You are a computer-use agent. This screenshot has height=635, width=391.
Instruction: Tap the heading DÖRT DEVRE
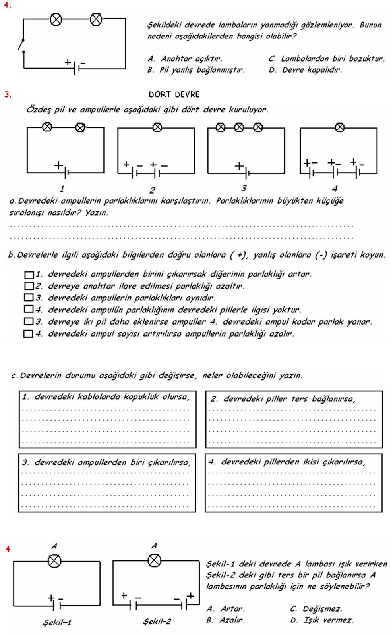174,94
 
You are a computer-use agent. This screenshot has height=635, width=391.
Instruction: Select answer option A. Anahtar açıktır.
185,59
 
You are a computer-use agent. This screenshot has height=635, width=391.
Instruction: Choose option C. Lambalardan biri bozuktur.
326,59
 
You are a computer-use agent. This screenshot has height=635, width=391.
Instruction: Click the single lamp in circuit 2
157,127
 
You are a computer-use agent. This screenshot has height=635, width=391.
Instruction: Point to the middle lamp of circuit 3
239,127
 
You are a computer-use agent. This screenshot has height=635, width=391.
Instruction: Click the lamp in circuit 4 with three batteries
339,127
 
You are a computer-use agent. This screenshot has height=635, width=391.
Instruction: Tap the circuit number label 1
62,189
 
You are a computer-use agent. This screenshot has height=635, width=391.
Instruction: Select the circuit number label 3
244,188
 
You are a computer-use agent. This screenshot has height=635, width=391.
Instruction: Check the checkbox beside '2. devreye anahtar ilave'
29,286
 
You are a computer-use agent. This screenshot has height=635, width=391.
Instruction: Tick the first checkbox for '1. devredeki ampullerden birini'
29,275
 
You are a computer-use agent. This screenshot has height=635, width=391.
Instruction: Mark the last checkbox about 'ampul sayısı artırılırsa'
28,334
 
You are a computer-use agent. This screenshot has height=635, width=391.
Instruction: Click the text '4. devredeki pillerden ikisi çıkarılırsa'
286,462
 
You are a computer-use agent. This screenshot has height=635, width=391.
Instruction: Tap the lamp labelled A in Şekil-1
54,561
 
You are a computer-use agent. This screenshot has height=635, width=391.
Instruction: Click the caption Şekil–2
157,622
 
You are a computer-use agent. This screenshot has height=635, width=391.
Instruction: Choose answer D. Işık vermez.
322,620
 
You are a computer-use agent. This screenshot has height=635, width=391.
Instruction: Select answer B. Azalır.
225,620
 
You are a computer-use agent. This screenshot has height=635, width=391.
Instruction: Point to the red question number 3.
8,94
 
